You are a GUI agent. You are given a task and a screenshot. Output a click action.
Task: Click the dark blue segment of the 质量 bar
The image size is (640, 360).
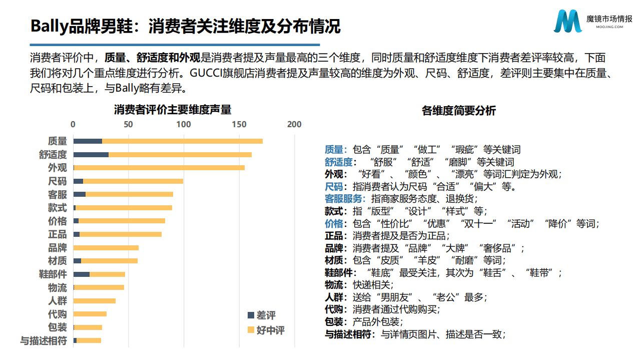[88, 141]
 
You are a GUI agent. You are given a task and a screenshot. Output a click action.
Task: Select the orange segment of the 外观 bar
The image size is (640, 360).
[160, 168]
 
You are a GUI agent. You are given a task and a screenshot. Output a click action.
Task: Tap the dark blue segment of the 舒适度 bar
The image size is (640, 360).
[91, 155]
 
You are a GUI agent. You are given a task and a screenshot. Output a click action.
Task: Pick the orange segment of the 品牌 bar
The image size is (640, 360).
[106, 247]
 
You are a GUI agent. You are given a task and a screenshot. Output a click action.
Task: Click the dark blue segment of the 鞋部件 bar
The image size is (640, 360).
[81, 274]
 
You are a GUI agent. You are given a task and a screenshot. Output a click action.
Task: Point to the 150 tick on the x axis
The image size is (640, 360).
[239, 124]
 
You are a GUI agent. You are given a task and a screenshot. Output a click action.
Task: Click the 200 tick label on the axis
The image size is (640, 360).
[294, 124]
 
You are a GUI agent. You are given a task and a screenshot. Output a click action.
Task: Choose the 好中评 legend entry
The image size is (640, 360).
[266, 330]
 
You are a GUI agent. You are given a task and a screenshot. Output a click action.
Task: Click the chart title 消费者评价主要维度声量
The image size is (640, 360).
[173, 109]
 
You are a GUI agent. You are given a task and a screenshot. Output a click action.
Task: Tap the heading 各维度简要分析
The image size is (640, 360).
[458, 111]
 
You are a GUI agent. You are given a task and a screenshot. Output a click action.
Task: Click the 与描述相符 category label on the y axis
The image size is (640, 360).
[43, 341]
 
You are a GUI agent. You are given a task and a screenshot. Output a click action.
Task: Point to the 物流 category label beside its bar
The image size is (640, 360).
[57, 288]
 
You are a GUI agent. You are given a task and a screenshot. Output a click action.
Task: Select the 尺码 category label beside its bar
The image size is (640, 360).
[57, 181]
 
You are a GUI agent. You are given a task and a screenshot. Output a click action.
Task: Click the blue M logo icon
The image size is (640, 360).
[568, 21]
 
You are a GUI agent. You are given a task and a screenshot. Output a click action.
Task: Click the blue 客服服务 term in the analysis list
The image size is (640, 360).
[345, 198]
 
